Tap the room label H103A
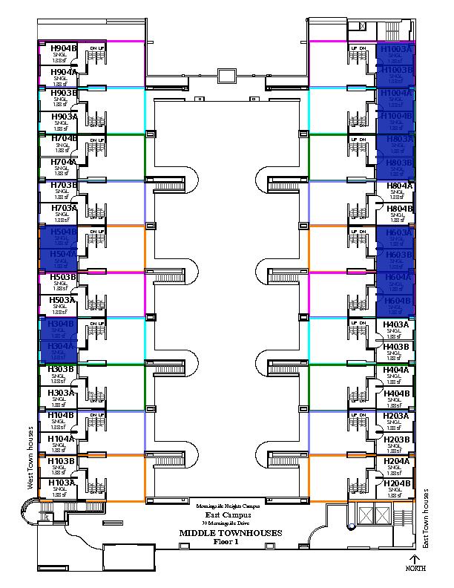[61, 483]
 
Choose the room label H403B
[396, 346]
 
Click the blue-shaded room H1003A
[395, 53]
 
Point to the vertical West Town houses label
[30, 457]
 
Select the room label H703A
[63, 209]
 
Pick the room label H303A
[61, 393]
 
